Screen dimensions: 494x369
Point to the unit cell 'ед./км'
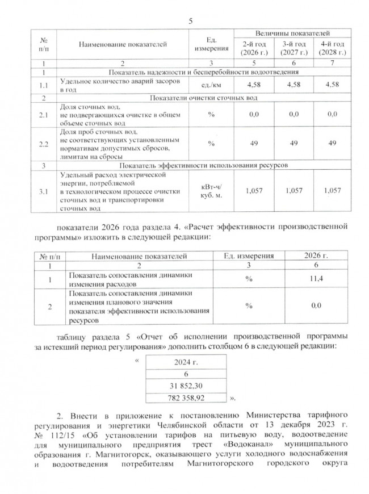coord(210,84)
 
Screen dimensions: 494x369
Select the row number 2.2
coord(43,143)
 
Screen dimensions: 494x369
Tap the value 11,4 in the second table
coord(309,279)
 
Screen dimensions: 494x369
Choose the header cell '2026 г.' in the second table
coord(309,257)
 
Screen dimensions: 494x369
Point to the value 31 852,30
coord(186,386)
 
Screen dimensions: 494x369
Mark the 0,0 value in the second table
coord(309,306)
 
